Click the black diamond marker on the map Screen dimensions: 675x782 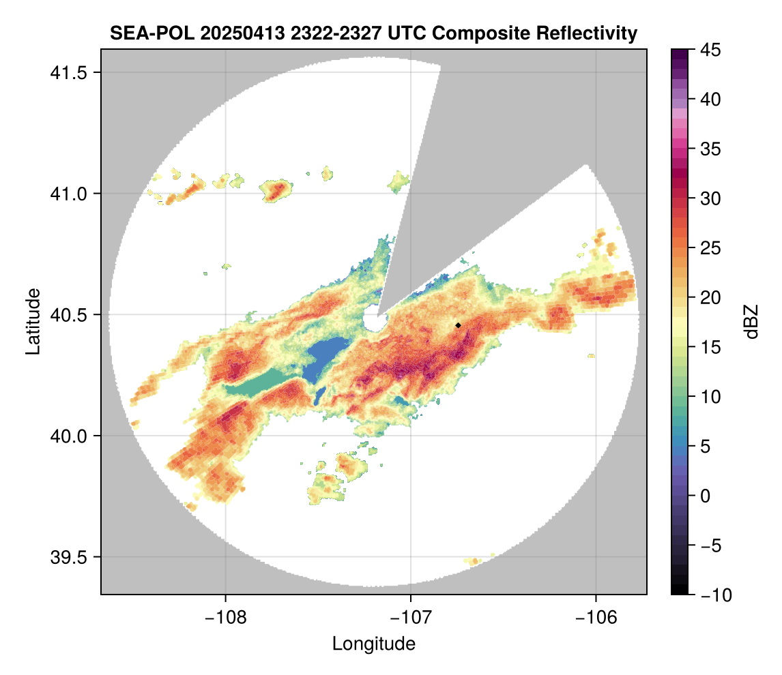458,325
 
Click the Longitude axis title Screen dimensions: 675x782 373,644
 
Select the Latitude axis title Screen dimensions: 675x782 33,321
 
